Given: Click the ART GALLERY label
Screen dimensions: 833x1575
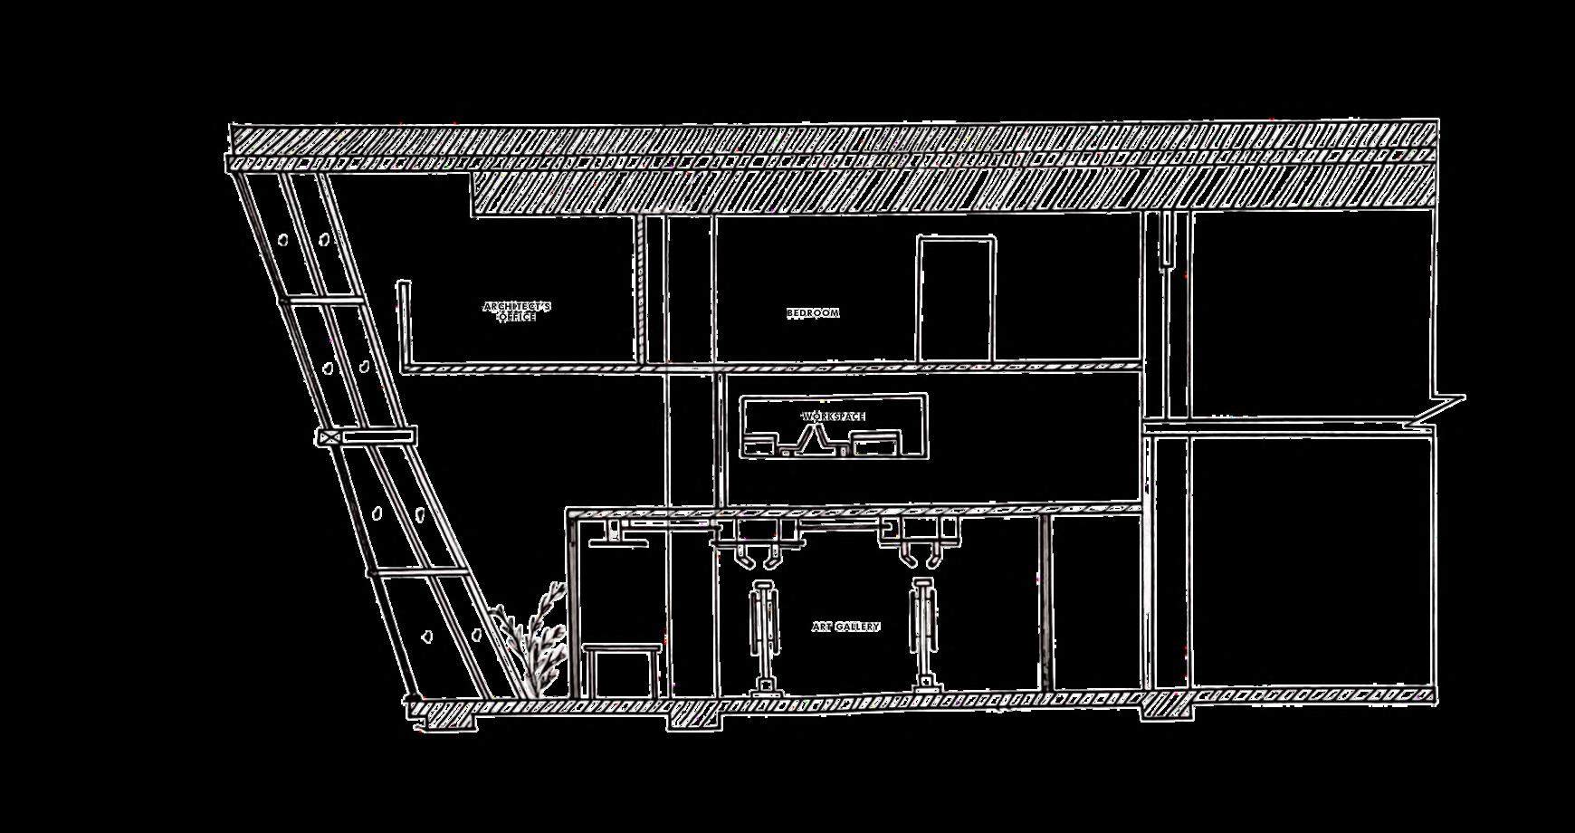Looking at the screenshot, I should (x=845, y=627).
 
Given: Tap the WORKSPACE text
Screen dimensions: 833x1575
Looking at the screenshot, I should (x=834, y=416).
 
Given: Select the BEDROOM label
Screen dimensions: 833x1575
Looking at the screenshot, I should (x=813, y=313).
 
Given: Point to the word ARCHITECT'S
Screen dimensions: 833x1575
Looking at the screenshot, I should (x=517, y=306).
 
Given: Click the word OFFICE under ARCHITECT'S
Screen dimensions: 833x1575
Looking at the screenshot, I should (x=517, y=318).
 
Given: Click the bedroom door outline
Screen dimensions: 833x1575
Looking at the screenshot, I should (x=956, y=299).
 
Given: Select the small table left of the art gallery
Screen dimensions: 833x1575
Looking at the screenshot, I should (x=621, y=668).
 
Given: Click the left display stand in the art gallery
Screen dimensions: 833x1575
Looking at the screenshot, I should (x=766, y=638).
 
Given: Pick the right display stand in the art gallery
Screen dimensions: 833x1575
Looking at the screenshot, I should (x=923, y=634).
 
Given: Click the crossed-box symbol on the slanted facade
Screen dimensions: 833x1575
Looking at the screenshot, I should (x=329, y=437).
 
